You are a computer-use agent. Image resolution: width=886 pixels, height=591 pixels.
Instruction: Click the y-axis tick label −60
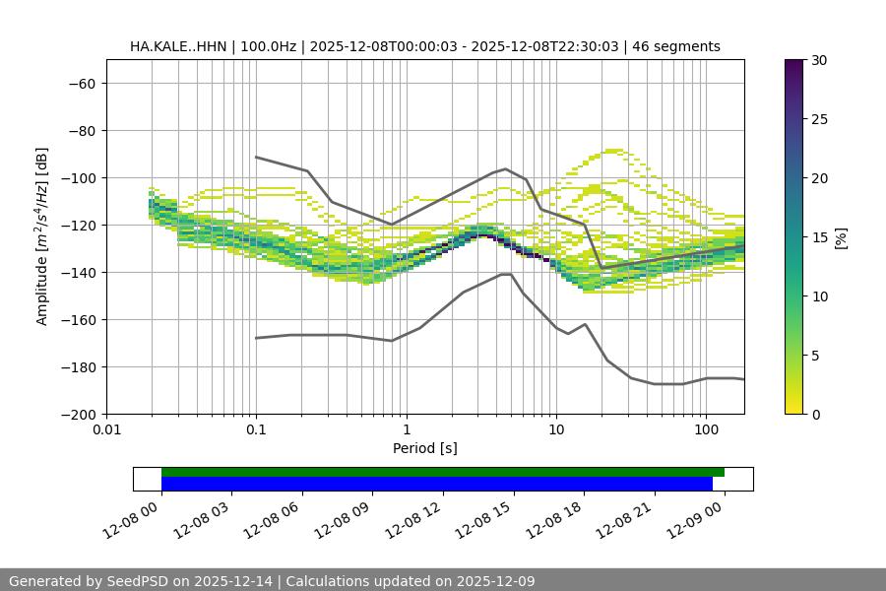pos(80,84)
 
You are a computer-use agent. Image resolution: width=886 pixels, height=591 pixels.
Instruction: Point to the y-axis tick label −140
pos(76,273)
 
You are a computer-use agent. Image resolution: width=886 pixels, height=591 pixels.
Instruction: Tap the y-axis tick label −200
pos(76,415)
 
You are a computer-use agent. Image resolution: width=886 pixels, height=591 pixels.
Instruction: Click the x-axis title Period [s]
pos(425,449)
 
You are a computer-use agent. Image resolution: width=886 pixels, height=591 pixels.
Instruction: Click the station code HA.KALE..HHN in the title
pos(178,46)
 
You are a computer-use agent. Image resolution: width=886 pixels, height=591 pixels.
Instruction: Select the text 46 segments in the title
pos(676,46)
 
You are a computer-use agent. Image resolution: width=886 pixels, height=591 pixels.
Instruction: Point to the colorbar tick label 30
pos(819,60)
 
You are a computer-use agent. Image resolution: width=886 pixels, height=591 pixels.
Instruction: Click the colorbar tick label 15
pos(819,237)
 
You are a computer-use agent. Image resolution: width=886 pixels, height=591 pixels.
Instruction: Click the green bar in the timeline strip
pos(443,472)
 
